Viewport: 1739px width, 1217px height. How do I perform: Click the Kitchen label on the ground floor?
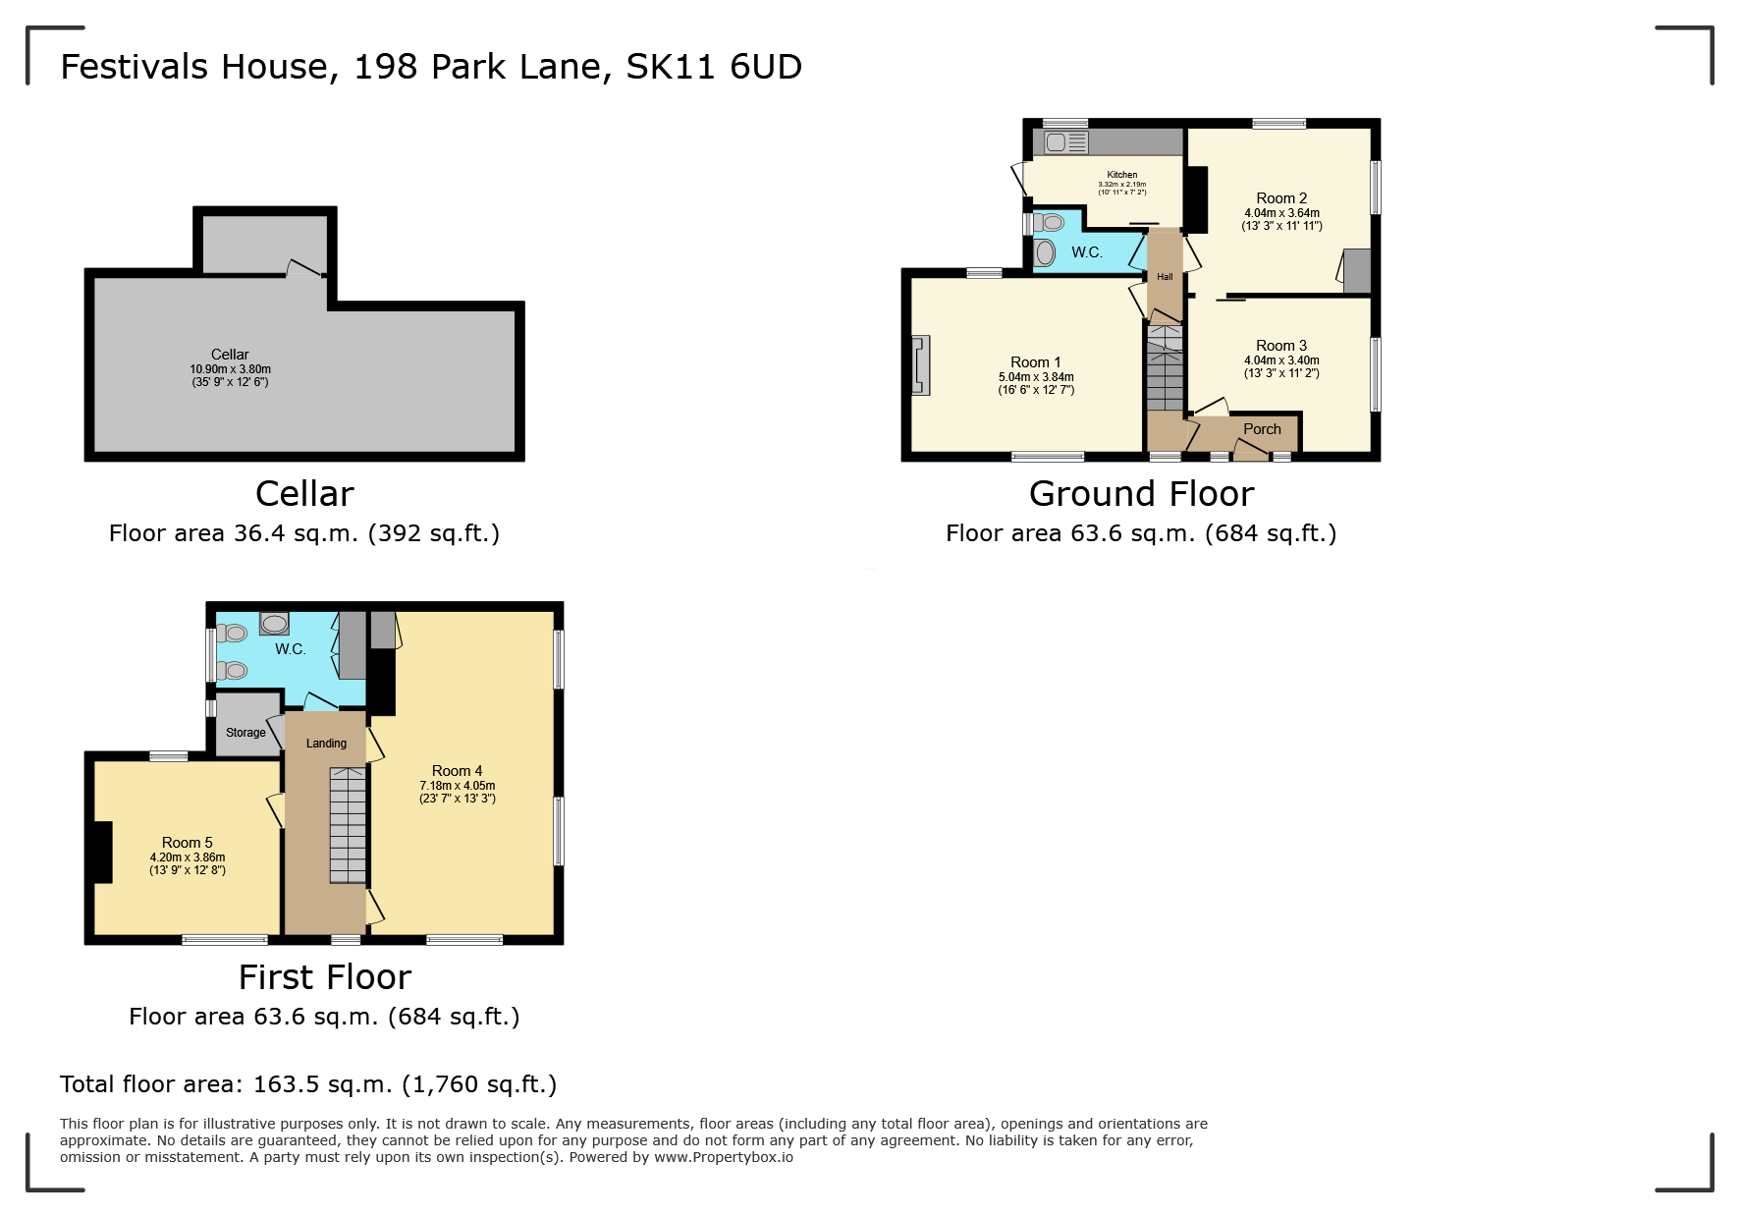coord(1121,175)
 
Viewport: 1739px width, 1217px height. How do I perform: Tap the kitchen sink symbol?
coord(1065,142)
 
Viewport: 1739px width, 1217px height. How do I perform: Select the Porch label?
coord(1262,429)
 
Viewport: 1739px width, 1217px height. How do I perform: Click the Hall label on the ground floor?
coord(1165,277)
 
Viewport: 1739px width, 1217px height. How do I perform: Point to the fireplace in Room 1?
coord(921,365)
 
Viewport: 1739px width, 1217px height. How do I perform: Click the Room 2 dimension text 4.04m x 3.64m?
coord(1281,213)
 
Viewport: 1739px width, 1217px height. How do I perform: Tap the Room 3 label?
coord(1281,346)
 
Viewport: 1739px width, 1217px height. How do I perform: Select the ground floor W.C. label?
coord(1086,252)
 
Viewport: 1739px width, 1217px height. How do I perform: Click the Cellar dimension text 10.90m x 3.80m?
coord(230,369)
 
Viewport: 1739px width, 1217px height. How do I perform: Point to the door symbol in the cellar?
coord(302,268)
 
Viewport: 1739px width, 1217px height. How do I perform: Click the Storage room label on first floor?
coord(245,733)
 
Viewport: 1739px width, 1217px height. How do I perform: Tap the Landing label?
coord(326,744)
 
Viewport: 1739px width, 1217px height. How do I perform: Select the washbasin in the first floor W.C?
coord(274,624)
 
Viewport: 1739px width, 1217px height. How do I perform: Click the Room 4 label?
coord(457,771)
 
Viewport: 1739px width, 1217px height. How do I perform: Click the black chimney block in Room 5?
coord(102,852)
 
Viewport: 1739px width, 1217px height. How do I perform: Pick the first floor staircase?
coord(348,825)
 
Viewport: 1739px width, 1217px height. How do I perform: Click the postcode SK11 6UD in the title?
coord(714,67)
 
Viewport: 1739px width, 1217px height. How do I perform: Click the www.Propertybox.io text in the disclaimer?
coord(724,1157)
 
